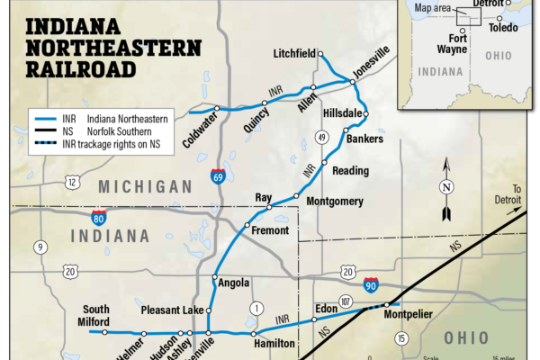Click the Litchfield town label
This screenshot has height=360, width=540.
coord(293,54)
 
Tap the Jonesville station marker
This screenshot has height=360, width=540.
coord(353,82)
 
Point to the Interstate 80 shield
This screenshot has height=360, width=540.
coord(98,218)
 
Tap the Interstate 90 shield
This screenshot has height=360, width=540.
coord(372,285)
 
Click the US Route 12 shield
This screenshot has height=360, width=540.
coord(72,183)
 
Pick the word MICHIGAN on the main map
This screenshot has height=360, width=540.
coord(145,186)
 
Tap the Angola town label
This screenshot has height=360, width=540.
coord(233,283)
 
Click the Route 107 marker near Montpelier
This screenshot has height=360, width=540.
coord(346,300)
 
